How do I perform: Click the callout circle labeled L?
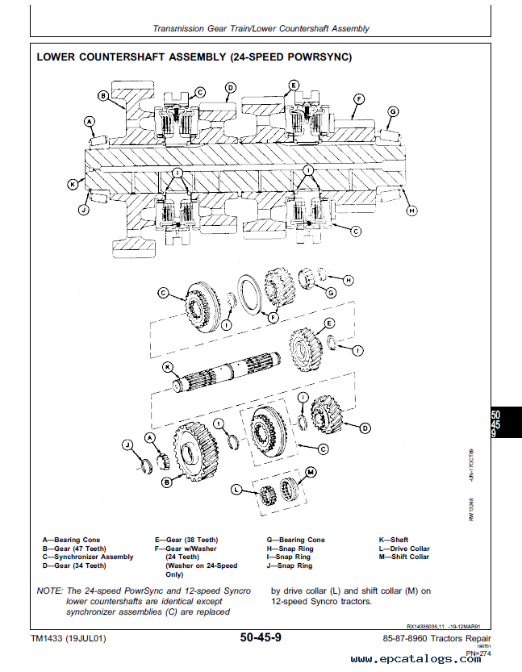tap(236, 489)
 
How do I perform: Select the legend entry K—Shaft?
tap(394, 540)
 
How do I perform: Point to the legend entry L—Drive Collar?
tap(404, 549)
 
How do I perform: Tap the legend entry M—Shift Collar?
tap(404, 557)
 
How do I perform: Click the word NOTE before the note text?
tap(51, 591)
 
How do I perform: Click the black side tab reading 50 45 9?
tap(505, 424)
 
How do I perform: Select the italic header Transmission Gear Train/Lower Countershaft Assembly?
tap(261, 28)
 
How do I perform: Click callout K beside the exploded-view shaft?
tap(167, 368)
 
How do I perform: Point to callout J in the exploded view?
tap(127, 444)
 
